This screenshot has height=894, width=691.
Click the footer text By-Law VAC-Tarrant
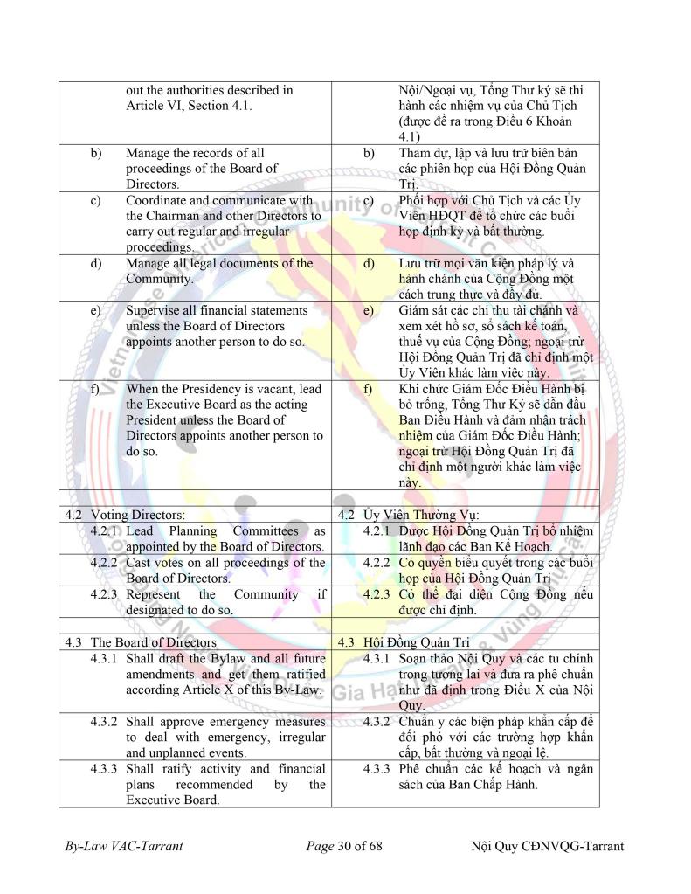[123, 847]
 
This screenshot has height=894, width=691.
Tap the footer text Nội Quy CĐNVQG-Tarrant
[546, 847]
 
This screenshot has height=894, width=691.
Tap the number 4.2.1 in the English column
[107, 530]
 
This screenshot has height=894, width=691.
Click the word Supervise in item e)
[155, 310]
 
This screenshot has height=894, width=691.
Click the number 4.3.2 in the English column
[107, 721]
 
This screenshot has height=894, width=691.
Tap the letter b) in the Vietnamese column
[370, 153]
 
